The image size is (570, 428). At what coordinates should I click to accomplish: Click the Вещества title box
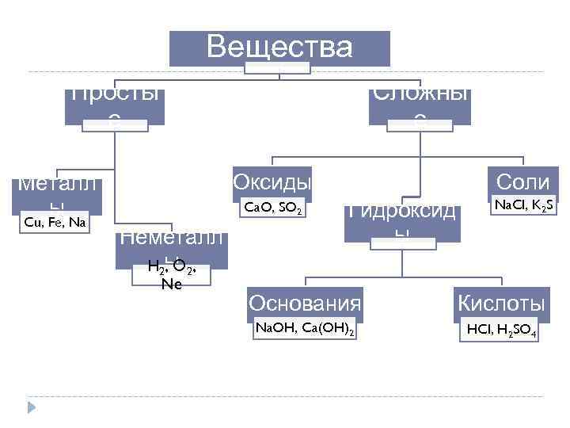click(279, 48)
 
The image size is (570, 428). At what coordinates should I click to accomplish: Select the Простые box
click(116, 103)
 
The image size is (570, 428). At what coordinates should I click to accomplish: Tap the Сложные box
click(420, 103)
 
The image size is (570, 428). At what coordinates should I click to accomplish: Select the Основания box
click(305, 303)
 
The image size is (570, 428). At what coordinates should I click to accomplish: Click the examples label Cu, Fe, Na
click(55, 223)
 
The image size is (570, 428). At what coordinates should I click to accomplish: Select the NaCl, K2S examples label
click(522, 206)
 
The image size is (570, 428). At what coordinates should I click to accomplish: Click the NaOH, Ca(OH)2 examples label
click(304, 329)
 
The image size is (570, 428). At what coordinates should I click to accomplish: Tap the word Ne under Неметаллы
click(171, 284)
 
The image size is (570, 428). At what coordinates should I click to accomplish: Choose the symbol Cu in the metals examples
click(33, 223)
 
